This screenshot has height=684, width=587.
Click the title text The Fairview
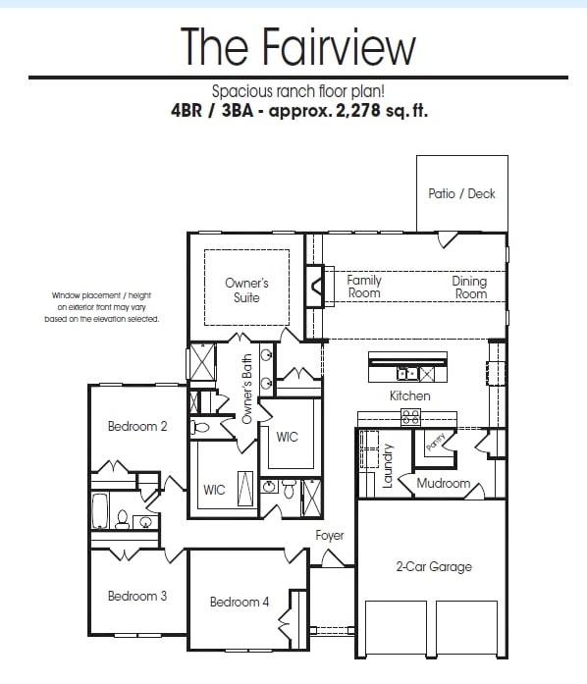click(298, 46)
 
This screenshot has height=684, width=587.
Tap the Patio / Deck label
click(461, 194)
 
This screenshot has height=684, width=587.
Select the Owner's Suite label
click(246, 290)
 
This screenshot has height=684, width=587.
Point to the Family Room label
click(364, 287)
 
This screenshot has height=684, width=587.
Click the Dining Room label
click(469, 288)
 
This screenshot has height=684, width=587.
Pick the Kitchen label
click(409, 395)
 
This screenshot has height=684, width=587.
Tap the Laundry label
click(388, 465)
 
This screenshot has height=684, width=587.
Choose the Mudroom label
click(443, 484)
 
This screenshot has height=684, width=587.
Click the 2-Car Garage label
click(434, 566)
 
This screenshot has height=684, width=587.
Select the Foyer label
click(330, 536)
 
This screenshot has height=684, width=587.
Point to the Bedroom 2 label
click(137, 426)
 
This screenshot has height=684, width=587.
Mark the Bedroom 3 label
click(137, 596)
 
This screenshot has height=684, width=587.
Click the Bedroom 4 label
click(240, 602)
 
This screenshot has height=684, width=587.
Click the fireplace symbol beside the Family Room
click(316, 287)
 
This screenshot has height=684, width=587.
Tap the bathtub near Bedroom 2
click(99, 511)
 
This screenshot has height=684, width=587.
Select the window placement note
click(105, 307)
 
